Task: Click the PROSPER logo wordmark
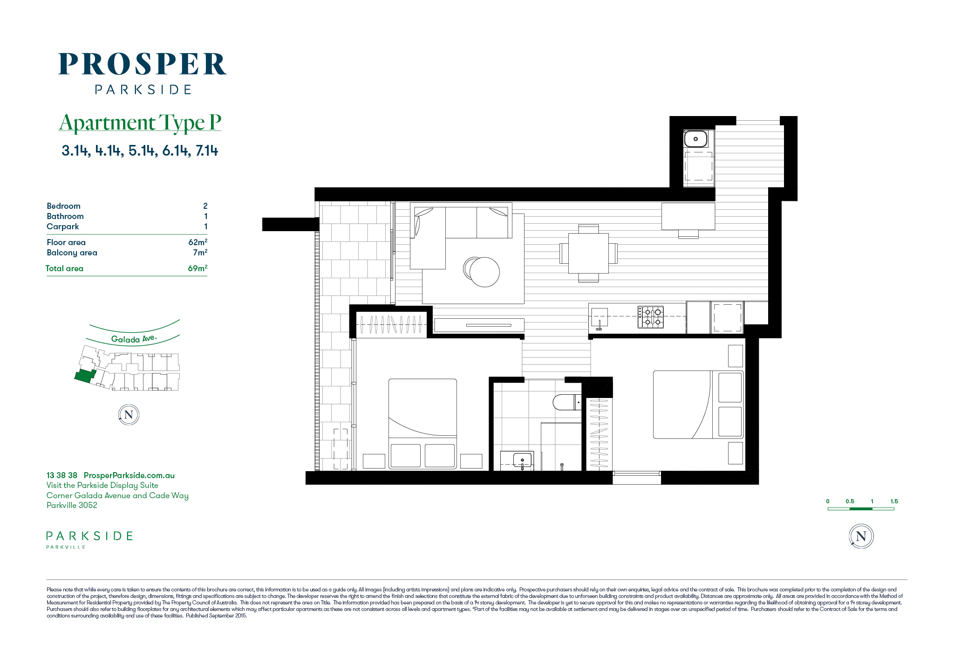click(x=143, y=64)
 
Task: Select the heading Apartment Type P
click(x=140, y=123)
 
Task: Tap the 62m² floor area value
click(x=198, y=242)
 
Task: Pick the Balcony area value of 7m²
click(x=200, y=252)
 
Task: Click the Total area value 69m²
click(x=198, y=268)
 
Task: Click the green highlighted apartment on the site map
click(x=85, y=376)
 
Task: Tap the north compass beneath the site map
click(x=129, y=415)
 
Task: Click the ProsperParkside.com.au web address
click(x=129, y=475)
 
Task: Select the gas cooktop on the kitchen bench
click(x=651, y=317)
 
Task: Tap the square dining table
click(x=588, y=253)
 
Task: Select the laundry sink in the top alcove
click(x=695, y=139)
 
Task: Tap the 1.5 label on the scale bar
click(x=894, y=501)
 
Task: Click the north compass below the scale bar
click(x=861, y=536)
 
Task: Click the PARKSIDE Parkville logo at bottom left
click(x=89, y=540)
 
